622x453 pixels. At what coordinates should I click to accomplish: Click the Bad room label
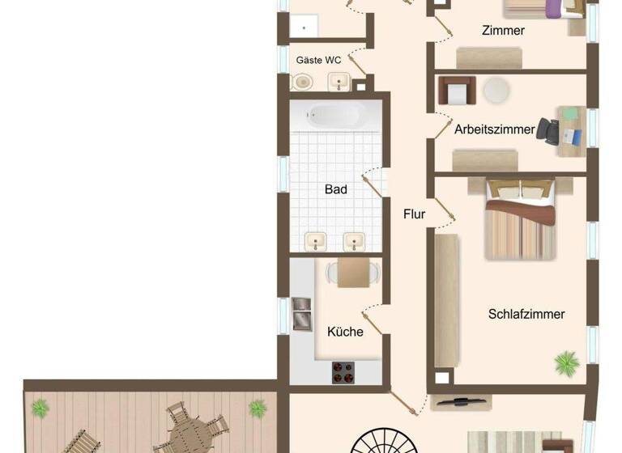pyautogui.click(x=335, y=189)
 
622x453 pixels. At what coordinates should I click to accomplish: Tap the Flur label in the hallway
pyautogui.click(x=414, y=214)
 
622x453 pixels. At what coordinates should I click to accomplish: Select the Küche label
pyautogui.click(x=345, y=332)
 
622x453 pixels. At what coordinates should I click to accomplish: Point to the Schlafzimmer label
pyautogui.click(x=526, y=315)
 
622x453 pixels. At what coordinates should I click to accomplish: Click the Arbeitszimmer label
pyautogui.click(x=494, y=129)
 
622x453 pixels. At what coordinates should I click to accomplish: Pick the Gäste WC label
pyautogui.click(x=318, y=61)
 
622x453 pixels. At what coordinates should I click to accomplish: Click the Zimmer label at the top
pyautogui.click(x=502, y=31)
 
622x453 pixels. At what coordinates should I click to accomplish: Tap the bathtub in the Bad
pyautogui.click(x=335, y=116)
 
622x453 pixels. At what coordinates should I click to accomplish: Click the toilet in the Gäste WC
pyautogui.click(x=302, y=82)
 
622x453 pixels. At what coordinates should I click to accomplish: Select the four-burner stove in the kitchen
pyautogui.click(x=343, y=373)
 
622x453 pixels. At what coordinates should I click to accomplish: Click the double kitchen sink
pyautogui.click(x=301, y=313)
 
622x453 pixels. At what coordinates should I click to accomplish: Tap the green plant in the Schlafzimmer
pyautogui.click(x=566, y=362)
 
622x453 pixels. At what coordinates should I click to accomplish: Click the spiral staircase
pyautogui.click(x=386, y=441)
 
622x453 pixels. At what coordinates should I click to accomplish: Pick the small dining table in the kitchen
pyautogui.click(x=352, y=273)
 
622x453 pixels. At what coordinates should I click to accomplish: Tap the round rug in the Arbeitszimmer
pyautogui.click(x=497, y=89)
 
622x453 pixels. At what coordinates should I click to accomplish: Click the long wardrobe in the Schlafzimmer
pyautogui.click(x=446, y=299)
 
